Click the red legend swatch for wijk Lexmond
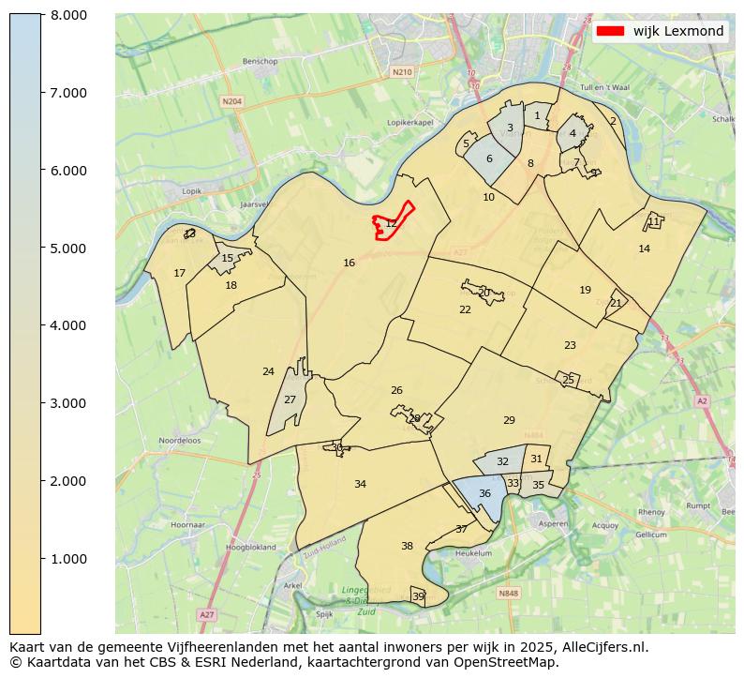click(610, 31)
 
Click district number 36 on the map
click(484, 493)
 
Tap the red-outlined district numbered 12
click(391, 223)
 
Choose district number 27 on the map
click(290, 399)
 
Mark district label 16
click(349, 264)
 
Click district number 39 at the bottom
click(418, 596)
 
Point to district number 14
click(644, 249)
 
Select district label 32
click(502, 461)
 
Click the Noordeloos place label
click(180, 440)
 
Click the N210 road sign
click(402, 71)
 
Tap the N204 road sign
click(231, 100)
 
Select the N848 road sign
click(508, 593)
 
